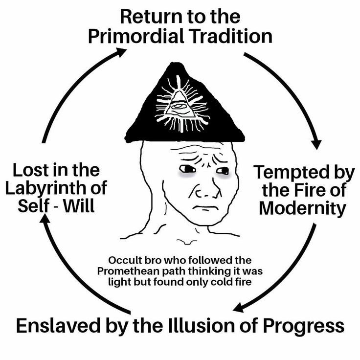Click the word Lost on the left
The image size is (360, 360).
(x=29, y=171)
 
